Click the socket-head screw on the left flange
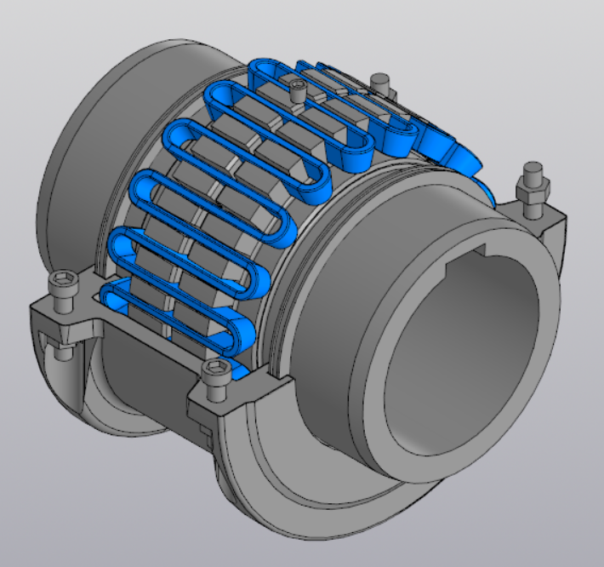coord(62,285)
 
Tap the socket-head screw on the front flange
coord(214,373)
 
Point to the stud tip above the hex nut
coord(533,170)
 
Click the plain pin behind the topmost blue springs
coord(381,83)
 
